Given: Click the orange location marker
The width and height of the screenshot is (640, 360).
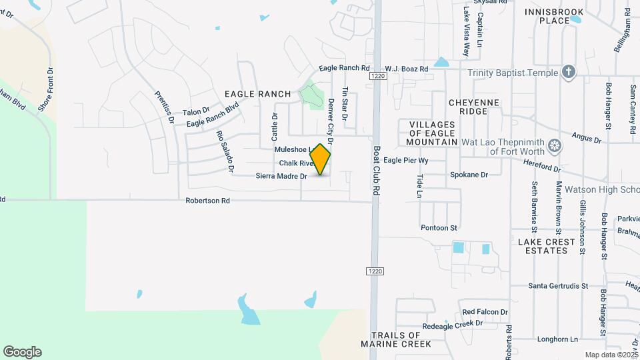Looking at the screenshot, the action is coord(321,159).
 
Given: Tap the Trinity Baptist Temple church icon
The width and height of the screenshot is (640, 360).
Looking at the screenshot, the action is coord(568,72).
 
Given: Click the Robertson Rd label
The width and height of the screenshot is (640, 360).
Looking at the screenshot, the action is coord(207,200).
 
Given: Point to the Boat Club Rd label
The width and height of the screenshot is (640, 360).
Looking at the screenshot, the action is coord(377,171).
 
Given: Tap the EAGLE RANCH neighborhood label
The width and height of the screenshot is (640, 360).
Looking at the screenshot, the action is coord(258,94).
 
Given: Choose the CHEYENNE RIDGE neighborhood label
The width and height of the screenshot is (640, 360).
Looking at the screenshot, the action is coord(478,107).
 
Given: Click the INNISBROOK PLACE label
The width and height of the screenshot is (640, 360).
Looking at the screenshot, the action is coord(556,16).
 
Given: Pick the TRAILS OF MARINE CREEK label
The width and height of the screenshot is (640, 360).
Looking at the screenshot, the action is coord(396,339).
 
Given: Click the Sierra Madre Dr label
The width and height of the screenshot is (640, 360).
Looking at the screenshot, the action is coord(281,177).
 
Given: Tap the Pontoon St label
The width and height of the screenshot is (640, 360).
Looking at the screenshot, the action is coord(439,227).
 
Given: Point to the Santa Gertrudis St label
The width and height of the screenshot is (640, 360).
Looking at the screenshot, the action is coord(559,286).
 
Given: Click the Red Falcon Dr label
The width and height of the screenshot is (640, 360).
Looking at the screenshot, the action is coord(485,312).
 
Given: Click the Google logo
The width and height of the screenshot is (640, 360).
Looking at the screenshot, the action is coord(22,351).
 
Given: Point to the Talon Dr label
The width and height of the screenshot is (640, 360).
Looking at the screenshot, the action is coord(196,111).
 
